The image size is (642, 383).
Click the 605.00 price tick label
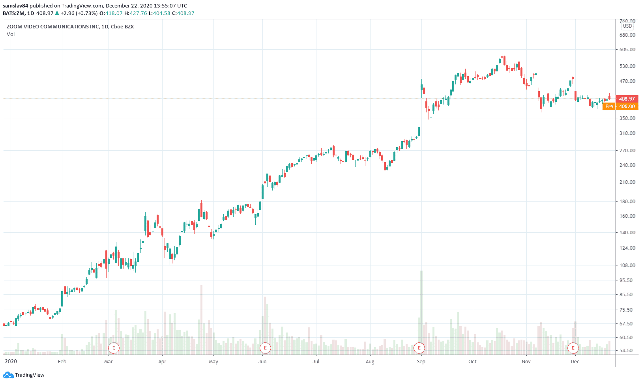coord(627,50)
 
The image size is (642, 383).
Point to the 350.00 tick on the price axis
coord(627,118)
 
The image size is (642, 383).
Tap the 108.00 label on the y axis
coord(627,265)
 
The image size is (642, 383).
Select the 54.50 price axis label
coord(627,351)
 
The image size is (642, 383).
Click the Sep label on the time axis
coord(421,362)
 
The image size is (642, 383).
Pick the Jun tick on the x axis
coord(262,362)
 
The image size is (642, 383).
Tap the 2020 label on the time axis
coord(11,362)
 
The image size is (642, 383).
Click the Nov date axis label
coord(526,362)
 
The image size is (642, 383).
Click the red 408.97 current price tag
coord(627,99)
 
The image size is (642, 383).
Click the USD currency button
coord(627,26)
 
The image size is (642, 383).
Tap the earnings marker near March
coord(114,348)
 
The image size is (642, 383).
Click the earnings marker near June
coord(265,348)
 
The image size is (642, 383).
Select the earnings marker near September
coord(419,348)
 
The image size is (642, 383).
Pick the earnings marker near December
coord(573,348)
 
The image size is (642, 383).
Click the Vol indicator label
coord(11,34)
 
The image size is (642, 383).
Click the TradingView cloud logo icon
coord(8,375)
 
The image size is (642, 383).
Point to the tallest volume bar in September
coord(421,312)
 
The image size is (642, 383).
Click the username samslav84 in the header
coord(15,6)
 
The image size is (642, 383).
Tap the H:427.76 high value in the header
coord(135,13)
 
